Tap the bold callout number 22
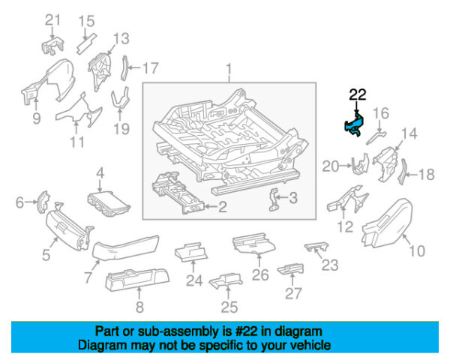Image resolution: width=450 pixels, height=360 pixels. pos(358,94)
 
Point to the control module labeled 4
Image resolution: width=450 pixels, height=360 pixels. pos(109,202)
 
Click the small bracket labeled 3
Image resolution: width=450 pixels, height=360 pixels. pos(275,199)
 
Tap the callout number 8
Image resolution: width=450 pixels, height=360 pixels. pos(138,306)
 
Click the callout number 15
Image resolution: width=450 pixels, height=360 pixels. pos(87,20)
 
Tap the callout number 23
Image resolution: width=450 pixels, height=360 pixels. pos(330,265)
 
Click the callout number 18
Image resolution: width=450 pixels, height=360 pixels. pos(426,175)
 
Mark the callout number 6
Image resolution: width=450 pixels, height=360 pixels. pos(21,201)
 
